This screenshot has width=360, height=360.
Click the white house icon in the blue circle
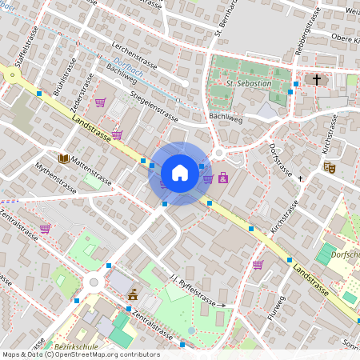point(179,173)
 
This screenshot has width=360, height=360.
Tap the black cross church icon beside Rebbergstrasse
point(317,80)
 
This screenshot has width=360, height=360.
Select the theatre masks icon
point(328,167)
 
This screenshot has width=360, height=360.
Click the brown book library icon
point(63,158)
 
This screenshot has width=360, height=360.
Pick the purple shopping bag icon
point(222,177)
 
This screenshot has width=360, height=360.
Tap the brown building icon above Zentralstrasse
point(132,295)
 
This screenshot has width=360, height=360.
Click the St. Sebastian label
point(249,83)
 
